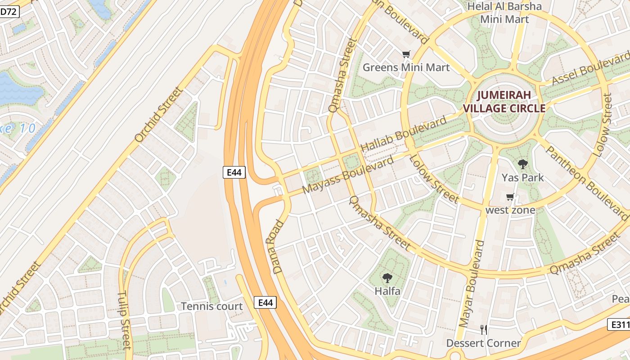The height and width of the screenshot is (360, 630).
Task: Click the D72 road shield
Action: click(9, 12)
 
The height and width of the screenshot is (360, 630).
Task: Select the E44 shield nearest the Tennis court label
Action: click(265, 303)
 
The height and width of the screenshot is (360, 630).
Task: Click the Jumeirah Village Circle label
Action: click(504, 102)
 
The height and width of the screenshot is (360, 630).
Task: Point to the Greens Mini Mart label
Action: click(406, 67)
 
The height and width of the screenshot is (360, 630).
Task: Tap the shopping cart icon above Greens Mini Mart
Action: click(406, 54)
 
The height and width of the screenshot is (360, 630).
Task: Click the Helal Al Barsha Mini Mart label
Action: click(504, 13)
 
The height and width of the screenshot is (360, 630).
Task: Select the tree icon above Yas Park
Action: click(522, 164)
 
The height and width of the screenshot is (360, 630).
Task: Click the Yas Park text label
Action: click(522, 178)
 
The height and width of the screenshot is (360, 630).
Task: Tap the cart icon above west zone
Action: click(510, 197)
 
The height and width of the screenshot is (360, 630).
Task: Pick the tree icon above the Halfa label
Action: click(387, 278)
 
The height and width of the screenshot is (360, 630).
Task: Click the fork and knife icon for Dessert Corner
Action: click(483, 330)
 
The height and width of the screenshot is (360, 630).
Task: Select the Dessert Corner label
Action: click(483, 343)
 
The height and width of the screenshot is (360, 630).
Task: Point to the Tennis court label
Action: click(211, 306)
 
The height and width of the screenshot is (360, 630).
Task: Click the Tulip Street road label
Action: click(124, 320)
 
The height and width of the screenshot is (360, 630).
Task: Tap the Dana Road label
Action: click(278, 247)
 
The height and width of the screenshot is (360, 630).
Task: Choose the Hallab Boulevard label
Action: click(404, 134)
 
